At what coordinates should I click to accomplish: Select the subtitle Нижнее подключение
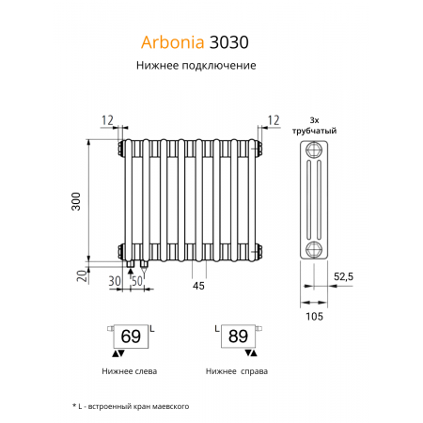196,66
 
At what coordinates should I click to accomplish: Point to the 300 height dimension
80,200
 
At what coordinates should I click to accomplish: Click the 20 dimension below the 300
82,275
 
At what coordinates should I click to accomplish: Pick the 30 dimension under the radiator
115,281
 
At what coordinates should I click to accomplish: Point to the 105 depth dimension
315,317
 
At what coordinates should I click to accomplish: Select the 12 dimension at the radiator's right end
274,119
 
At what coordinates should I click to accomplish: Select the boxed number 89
238,337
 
